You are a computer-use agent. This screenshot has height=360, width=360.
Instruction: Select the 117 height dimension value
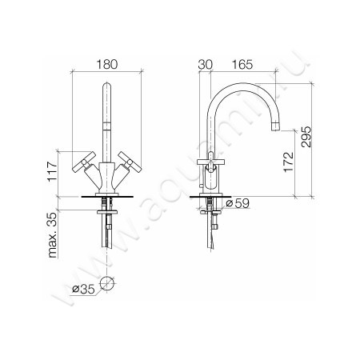point(54,170)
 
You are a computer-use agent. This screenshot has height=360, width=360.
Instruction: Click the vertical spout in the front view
point(107,120)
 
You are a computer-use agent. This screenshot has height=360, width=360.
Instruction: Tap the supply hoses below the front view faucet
point(107,232)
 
